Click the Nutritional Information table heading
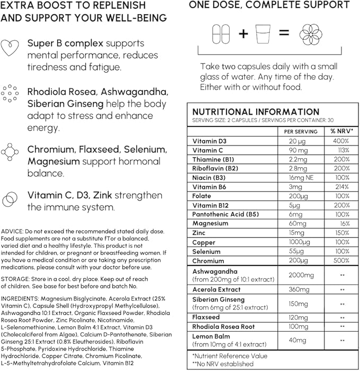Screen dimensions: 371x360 [256, 112]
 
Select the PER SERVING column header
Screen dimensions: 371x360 [301, 131]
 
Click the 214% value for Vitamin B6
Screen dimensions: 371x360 [340, 187]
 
